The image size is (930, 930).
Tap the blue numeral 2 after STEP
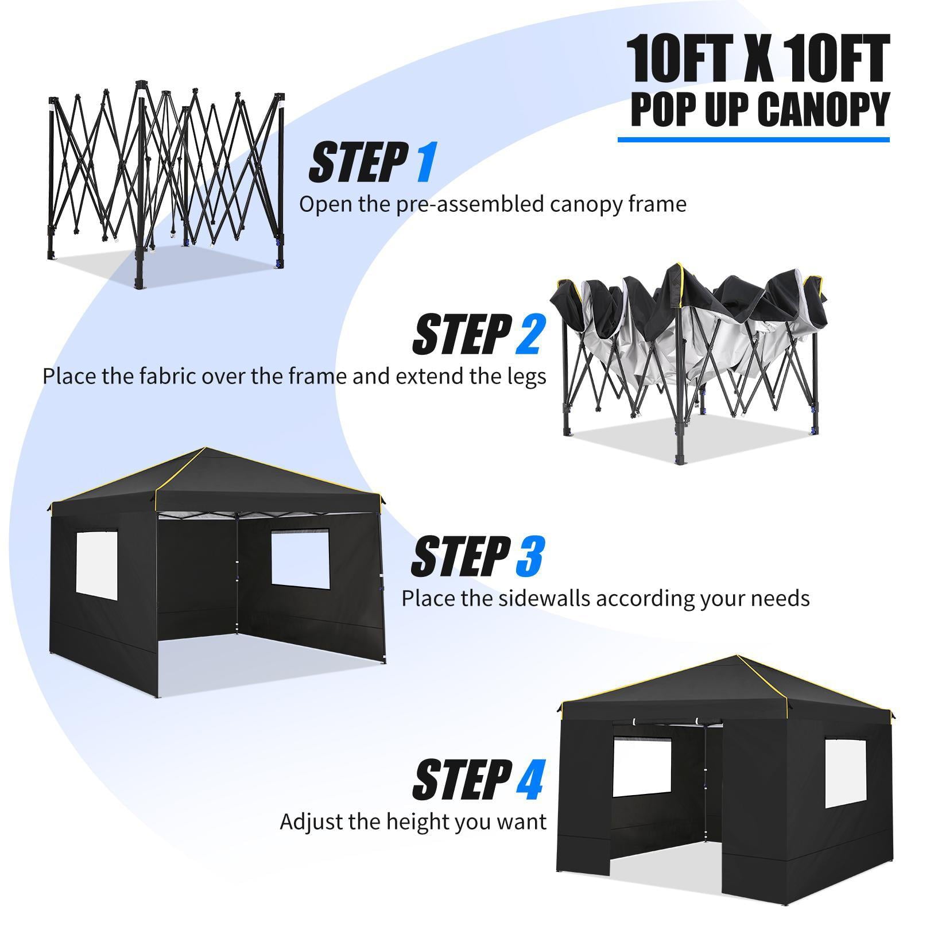pyautogui.click(x=527, y=334)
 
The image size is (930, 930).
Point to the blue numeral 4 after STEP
pyautogui.click(x=528, y=779)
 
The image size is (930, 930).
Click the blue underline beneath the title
pyautogui.click(x=753, y=139)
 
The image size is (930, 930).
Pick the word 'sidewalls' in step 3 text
pyautogui.click(x=534, y=598)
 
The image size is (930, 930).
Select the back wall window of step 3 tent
pyautogui.click(x=300, y=559)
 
